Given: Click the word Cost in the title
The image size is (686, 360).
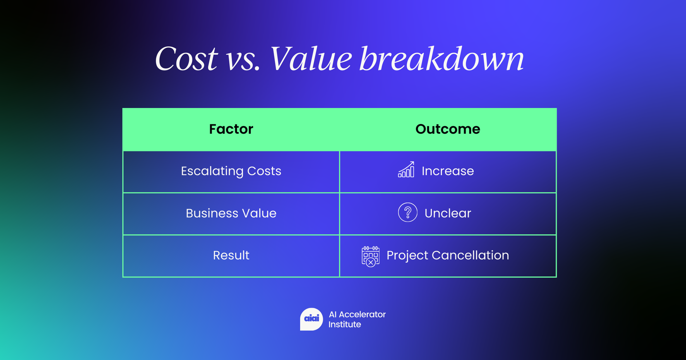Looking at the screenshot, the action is coord(186,59).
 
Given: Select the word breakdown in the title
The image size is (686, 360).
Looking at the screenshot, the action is coord(442,59).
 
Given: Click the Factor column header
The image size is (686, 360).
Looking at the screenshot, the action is coord(231,129).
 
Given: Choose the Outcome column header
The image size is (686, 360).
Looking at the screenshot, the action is coord(448,129).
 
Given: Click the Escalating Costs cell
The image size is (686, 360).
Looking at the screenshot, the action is coord(231,171).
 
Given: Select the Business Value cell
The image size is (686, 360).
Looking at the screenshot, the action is coord(231,213).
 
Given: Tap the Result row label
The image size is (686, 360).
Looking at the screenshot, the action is coord(231,255).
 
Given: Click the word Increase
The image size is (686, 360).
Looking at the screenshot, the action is coord(448,171).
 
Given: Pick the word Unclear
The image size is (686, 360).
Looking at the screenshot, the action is coord(448,213).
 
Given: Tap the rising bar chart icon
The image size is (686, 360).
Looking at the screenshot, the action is coord(406,169).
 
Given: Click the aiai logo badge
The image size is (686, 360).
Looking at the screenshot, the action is coord(311,319).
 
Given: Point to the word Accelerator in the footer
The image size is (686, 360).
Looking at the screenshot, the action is coord(362,314).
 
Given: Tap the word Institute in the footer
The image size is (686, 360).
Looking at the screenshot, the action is coord(345,324).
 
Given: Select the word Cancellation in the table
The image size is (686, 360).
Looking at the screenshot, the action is coord(470,255).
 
